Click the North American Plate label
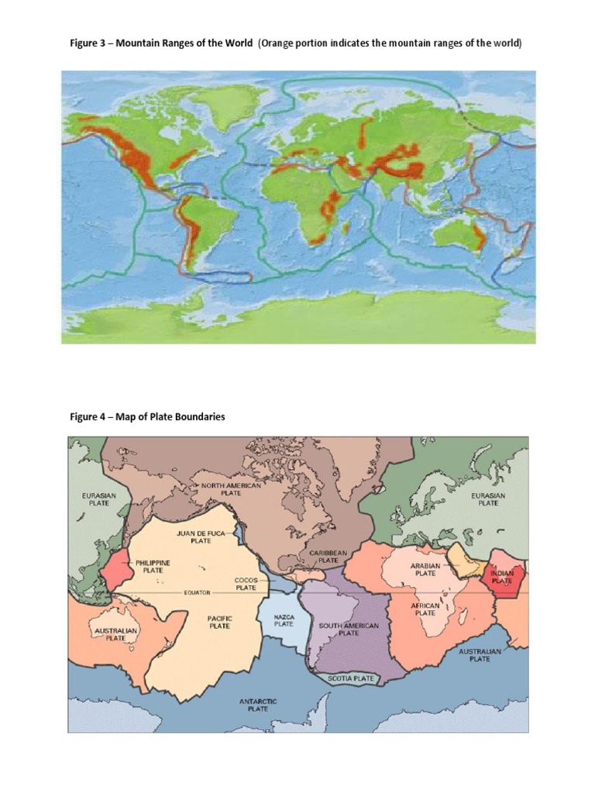(232, 489)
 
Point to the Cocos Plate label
(246, 583)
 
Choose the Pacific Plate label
(220, 622)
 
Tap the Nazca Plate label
(284, 620)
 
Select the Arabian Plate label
(425, 571)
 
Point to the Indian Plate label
(502, 577)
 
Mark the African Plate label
(425, 609)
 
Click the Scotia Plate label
(351, 678)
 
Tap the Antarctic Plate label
(258, 705)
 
